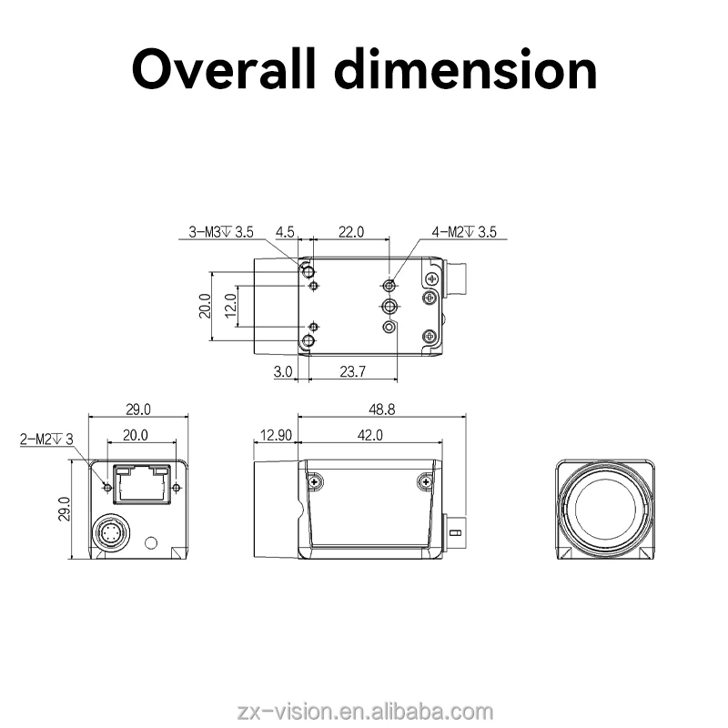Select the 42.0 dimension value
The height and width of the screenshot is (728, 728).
[369, 436]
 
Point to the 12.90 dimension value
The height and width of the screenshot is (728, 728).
[275, 436]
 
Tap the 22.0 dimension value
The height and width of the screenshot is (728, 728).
[351, 232]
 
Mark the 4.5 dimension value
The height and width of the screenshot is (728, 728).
[284, 232]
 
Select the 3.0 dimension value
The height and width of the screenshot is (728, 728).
[282, 371]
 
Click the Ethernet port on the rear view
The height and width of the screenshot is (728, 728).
[138, 483]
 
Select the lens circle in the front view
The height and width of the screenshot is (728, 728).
[605, 509]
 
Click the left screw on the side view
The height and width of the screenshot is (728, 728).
[315, 481]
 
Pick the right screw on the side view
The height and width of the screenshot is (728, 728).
[423, 481]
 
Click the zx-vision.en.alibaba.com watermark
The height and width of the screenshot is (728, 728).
[364, 710]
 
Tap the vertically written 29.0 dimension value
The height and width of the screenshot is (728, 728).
[65, 511]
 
